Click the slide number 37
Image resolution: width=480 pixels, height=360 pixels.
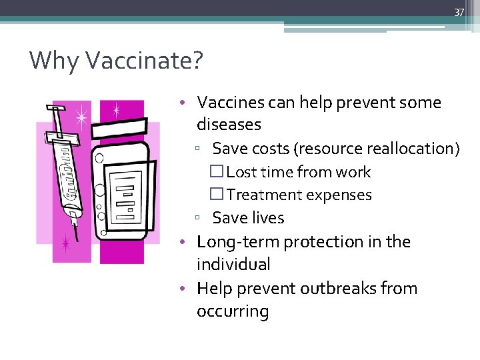pos(459,12)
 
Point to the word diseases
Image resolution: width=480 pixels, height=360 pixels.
pos(229,125)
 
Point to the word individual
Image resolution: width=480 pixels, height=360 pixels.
pos(233,265)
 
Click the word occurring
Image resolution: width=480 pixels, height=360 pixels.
pos(233,312)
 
